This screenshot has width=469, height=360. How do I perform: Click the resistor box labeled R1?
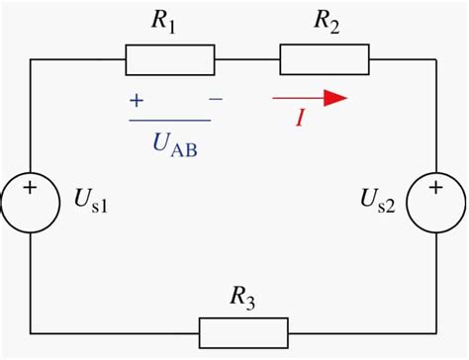169,60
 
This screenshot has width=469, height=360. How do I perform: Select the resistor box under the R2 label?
324,60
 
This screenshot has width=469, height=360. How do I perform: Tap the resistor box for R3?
243,331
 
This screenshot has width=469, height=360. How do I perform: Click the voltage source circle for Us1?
30,205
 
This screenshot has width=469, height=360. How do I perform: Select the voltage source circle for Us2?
436,205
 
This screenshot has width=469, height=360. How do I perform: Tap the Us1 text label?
90,205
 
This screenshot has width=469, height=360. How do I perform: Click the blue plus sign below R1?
135,100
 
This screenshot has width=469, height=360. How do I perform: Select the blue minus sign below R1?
216,100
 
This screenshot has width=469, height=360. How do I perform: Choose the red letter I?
299,119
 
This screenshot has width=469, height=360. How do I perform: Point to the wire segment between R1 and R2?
246,60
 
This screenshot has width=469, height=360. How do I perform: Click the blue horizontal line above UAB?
169,121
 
